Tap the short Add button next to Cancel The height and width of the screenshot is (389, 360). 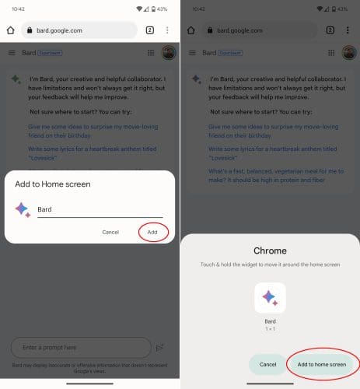[152, 232]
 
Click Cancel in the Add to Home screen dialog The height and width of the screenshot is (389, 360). [110, 232]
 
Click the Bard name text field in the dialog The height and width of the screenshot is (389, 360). [99, 209]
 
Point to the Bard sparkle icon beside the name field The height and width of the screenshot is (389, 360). [23, 209]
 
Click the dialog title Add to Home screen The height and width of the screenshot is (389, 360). [52, 184]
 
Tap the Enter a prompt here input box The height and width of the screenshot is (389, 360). [80, 347]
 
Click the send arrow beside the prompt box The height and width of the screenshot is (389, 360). [160, 347]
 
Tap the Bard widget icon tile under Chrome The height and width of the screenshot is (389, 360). [270, 297]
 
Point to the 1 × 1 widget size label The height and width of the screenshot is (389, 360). [270, 328]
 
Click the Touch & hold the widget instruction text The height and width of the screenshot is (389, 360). [270, 266]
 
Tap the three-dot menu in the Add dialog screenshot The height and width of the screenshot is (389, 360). [167, 30]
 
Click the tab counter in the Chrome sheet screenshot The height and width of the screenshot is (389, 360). [330, 30]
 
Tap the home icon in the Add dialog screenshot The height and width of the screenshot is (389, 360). [10, 30]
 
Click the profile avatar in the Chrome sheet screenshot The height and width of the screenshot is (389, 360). [348, 53]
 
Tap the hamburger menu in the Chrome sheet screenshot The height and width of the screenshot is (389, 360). [192, 53]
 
